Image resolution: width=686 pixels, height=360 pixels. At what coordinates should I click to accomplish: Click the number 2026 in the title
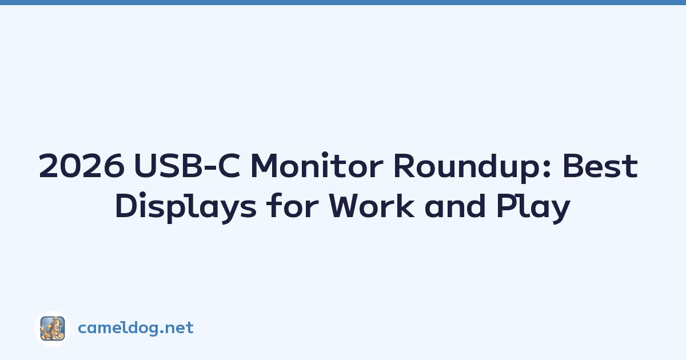tap(82, 166)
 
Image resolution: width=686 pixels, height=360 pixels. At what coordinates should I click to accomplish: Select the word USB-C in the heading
tap(187, 166)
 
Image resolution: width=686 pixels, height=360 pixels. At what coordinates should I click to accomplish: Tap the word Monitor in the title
tap(317, 165)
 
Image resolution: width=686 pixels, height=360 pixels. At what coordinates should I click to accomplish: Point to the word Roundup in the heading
tap(468, 167)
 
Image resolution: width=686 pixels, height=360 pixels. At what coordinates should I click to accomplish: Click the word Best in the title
tap(600, 166)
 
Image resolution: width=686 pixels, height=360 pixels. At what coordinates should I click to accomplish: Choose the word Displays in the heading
tap(186, 207)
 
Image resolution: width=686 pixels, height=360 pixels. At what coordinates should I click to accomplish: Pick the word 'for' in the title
tap(293, 205)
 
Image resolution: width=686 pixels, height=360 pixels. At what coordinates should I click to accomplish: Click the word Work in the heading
tap(372, 205)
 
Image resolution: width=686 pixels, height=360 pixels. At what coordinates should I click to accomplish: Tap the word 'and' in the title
tap(456, 205)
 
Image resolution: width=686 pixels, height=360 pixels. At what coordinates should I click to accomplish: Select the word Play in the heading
tap(533, 207)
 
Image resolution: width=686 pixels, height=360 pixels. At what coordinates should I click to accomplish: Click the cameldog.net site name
tap(135, 327)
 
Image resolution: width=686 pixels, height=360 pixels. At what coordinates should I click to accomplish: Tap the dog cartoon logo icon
tap(53, 329)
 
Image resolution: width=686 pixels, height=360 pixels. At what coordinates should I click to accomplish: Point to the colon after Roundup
tap(548, 169)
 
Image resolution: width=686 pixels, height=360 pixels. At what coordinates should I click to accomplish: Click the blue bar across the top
tap(343, 2)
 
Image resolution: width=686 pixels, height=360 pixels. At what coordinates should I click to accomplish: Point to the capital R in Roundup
tap(404, 166)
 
